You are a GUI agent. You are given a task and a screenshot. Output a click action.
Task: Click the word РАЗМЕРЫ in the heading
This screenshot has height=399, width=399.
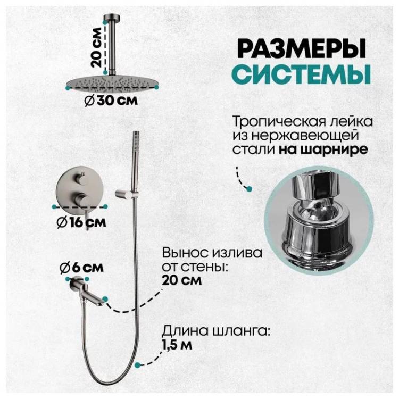(x=302, y=48)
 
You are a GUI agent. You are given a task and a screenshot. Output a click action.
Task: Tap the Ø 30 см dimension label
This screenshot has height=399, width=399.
(x=111, y=101)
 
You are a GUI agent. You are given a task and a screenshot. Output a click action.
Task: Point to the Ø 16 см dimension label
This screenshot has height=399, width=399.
(x=81, y=222)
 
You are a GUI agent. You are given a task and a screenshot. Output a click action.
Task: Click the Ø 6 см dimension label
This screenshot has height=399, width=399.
(x=81, y=268)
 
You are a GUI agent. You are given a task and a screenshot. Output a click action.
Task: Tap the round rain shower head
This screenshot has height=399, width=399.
(x=112, y=83)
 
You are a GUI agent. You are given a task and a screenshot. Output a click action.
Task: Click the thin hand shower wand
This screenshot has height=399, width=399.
(x=136, y=163)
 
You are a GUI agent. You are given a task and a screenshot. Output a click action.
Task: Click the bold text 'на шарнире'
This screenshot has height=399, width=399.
(x=323, y=149)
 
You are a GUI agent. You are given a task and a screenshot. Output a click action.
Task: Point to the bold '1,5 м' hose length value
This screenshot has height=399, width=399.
(x=177, y=345)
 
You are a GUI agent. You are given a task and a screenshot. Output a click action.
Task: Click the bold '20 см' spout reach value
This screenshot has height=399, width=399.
(x=182, y=280)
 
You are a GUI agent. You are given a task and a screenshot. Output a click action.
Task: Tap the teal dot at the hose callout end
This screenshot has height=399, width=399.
(x=138, y=365)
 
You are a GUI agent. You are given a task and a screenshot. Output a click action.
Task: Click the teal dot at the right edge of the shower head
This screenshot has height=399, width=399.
(x=156, y=87)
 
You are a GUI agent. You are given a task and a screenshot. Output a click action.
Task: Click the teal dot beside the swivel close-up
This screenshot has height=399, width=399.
(x=250, y=188)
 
